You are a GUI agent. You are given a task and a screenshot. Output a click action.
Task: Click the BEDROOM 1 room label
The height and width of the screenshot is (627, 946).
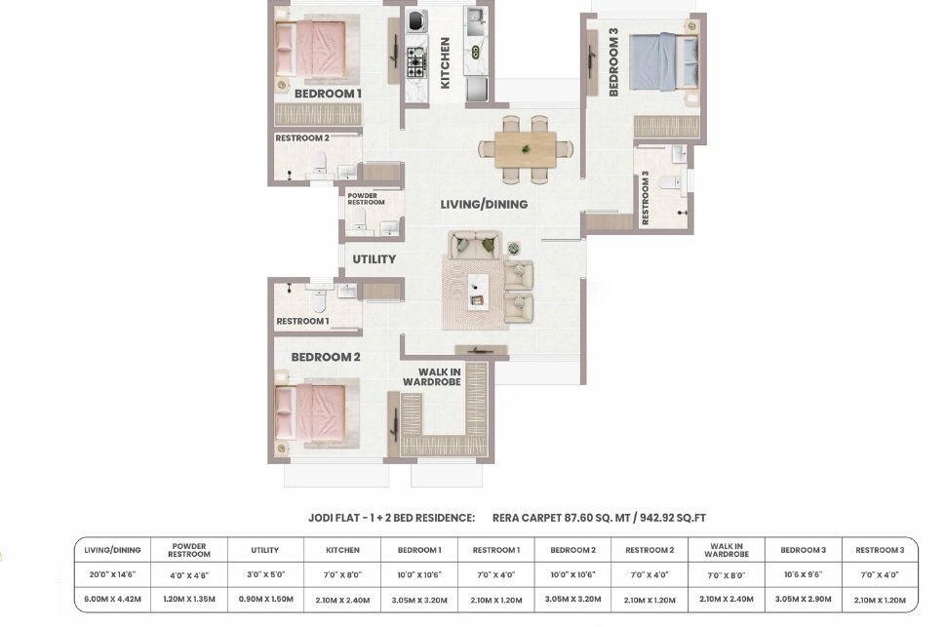pos(328,94)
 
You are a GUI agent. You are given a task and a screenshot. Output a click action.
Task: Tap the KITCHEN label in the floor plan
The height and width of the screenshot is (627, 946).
pos(446,62)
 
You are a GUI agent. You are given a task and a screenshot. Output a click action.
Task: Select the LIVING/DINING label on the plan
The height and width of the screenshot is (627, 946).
pos(484,205)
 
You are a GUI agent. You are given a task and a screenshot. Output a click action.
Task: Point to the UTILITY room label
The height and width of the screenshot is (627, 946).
pos(374,258)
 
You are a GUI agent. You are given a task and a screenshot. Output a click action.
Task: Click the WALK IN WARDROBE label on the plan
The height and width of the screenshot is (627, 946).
pos(432,377)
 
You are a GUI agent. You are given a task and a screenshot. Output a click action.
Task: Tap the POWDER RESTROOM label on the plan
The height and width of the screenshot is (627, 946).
pos(366,199)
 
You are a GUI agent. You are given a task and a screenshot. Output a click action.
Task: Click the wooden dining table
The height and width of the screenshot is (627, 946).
pos(526,149)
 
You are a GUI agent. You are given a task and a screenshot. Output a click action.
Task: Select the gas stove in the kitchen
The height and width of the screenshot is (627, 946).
pos(415,62)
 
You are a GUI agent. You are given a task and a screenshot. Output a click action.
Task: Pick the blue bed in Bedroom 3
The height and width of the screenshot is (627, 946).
pos(663,60)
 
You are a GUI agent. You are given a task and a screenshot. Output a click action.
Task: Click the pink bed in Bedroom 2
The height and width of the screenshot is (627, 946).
pos(310,412)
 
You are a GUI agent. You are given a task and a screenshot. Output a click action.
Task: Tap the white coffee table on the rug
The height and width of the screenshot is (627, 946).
pos(478,292)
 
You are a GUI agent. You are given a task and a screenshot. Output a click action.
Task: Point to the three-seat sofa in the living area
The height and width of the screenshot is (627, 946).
pos(475,245)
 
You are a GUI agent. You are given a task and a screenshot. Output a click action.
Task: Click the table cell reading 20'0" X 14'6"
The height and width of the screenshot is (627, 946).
pos(112,575)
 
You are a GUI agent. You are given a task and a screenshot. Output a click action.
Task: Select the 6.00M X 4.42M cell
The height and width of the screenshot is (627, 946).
pos(112,600)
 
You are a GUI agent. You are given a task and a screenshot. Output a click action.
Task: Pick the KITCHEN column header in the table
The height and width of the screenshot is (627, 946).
pos(342,550)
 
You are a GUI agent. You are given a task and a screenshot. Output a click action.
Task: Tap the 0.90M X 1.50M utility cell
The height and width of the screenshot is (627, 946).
pos(265,600)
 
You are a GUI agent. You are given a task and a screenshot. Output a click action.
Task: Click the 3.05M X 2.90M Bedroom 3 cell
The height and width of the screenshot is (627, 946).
pos(803,600)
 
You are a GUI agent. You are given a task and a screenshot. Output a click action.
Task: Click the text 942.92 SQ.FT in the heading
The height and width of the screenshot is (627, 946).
pos(673,518)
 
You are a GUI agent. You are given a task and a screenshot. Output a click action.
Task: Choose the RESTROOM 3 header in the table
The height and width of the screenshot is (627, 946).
pos(880,550)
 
